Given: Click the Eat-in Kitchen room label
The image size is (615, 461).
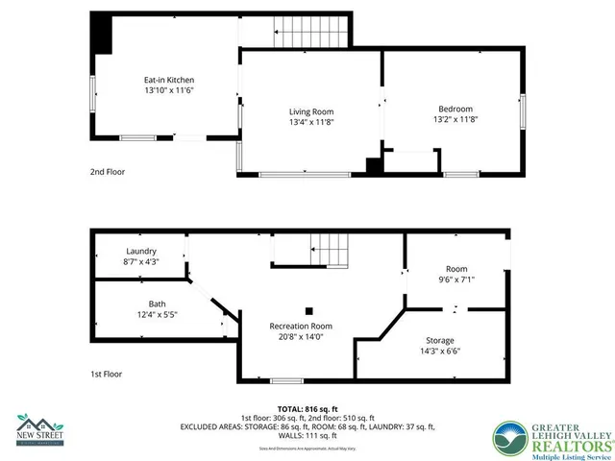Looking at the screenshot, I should click(168, 79).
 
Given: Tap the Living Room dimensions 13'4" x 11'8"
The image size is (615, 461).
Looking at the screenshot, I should click(311, 123).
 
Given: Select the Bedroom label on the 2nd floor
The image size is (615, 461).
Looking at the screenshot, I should click(455, 108).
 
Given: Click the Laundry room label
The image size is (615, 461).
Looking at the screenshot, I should click(140, 251).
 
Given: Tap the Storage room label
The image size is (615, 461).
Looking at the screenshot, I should click(441, 341).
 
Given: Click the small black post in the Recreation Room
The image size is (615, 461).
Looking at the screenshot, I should click(309, 310).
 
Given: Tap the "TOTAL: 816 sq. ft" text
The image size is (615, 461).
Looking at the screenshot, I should click(307, 409).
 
